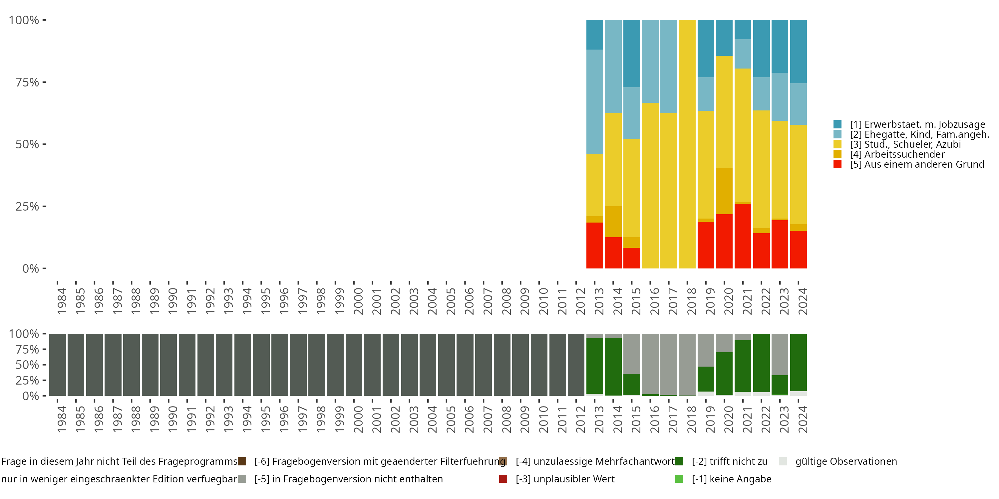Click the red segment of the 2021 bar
pyautogui.click(x=743, y=236)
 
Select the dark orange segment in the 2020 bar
pyautogui.click(x=724, y=191)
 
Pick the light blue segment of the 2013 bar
pyautogui.click(x=594, y=101)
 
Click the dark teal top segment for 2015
pyautogui.click(x=631, y=54)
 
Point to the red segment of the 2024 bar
pyautogui.click(x=799, y=249)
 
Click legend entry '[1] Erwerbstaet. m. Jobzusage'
pyautogui.click(x=917, y=124)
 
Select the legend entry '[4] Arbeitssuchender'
pyautogui.click(x=897, y=154)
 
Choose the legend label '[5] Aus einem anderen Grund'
pyautogui.click(x=917, y=164)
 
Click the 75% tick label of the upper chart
pyautogui.click(x=27, y=82)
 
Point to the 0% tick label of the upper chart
pyautogui.click(x=31, y=268)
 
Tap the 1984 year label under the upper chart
pyautogui.click(x=62, y=301)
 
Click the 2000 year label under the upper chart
pyautogui.click(x=358, y=301)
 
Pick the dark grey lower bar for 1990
pyautogui.click(x=168, y=365)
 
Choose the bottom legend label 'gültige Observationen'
pyautogui.click(x=846, y=461)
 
